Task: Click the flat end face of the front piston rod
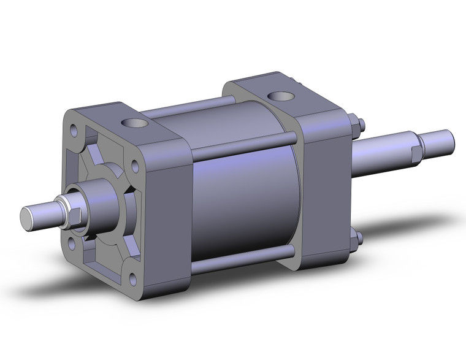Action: tap(28, 216)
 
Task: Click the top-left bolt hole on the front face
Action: tap(74, 130)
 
